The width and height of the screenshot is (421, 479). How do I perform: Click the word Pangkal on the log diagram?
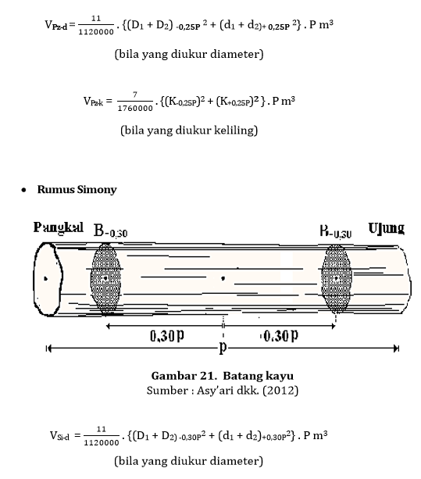click(x=59, y=228)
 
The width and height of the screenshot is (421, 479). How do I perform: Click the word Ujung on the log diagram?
click(x=386, y=228)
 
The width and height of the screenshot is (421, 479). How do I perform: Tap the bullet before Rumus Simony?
click(x=25, y=190)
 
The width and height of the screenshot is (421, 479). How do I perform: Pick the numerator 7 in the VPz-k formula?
click(x=134, y=95)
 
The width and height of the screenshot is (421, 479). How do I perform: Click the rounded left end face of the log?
click(x=48, y=277)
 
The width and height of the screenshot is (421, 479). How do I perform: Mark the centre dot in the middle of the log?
click(x=223, y=277)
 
